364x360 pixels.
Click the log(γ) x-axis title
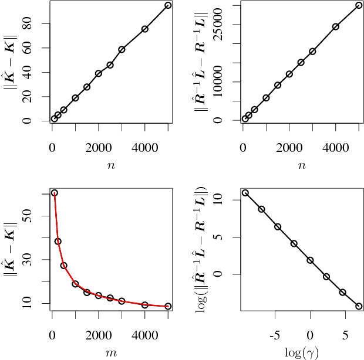[x=301, y=352]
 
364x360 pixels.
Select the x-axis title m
[x=111, y=352]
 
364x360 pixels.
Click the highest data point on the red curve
[x=55, y=193]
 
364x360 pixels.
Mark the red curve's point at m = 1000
[x=75, y=284]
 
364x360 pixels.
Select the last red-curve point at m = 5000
[x=168, y=306]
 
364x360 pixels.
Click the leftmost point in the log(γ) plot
[x=245, y=193]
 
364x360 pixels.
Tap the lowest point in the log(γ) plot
[x=359, y=306]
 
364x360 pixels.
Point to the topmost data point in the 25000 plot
[x=359, y=5]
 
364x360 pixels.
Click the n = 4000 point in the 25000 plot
[x=336, y=26]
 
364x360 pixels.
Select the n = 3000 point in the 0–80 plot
[x=122, y=49]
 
